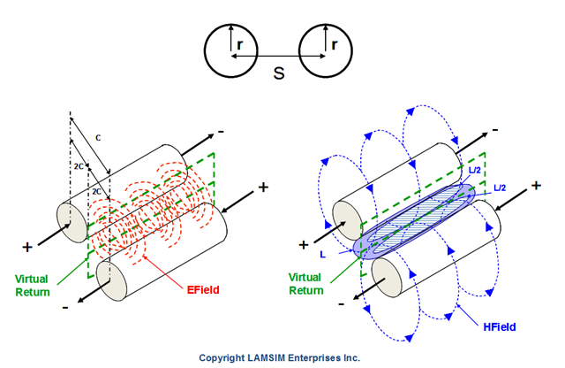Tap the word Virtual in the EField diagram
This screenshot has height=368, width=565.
(x=31, y=279)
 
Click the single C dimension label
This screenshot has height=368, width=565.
(x=97, y=137)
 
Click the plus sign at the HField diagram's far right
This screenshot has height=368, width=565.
(x=536, y=186)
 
